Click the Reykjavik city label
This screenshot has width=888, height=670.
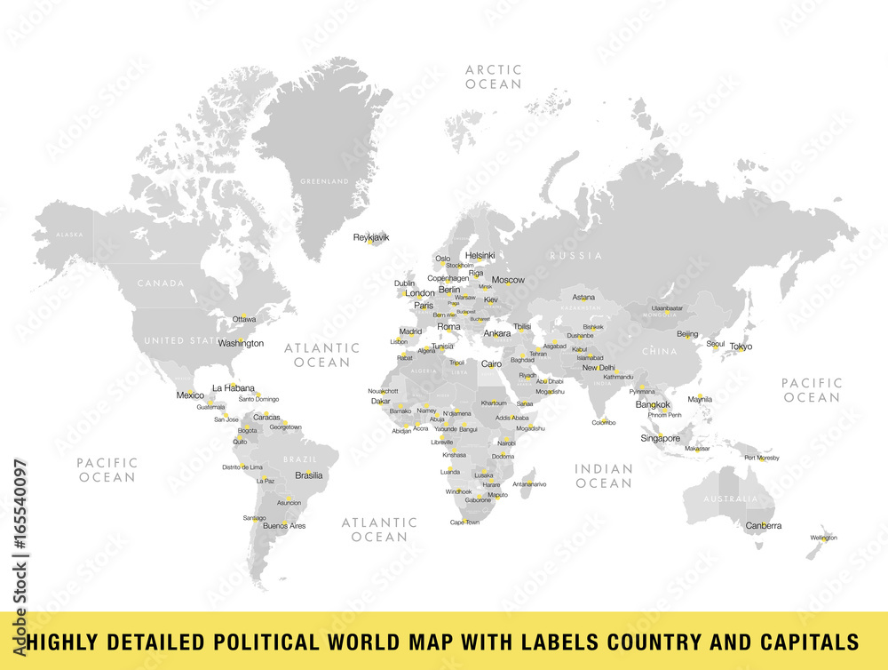pyautogui.click(x=371, y=237)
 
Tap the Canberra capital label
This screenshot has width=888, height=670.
pyautogui.click(x=764, y=525)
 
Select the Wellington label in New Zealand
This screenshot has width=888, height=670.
pyautogui.click(x=823, y=538)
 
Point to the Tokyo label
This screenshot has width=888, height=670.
pyautogui.click(x=741, y=347)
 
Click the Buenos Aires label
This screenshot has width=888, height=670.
pyautogui.click(x=284, y=526)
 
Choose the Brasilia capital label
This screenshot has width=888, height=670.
pyautogui.click(x=309, y=475)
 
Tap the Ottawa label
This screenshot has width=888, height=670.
pyautogui.click(x=244, y=319)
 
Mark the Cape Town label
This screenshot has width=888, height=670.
pyautogui.click(x=464, y=522)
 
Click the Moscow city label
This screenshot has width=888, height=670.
pyautogui.click(x=508, y=280)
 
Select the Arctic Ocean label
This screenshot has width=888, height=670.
pyautogui.click(x=493, y=76)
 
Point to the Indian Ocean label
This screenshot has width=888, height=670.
pyautogui.click(x=603, y=475)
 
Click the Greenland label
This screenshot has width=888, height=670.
pyautogui.click(x=324, y=181)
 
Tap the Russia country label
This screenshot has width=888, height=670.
pyautogui.click(x=575, y=256)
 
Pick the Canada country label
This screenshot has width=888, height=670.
pyautogui.click(x=161, y=283)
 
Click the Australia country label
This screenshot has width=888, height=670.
pyautogui.click(x=731, y=499)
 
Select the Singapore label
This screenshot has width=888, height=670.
pyautogui.click(x=661, y=438)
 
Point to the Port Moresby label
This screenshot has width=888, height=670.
pyautogui.click(x=762, y=458)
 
